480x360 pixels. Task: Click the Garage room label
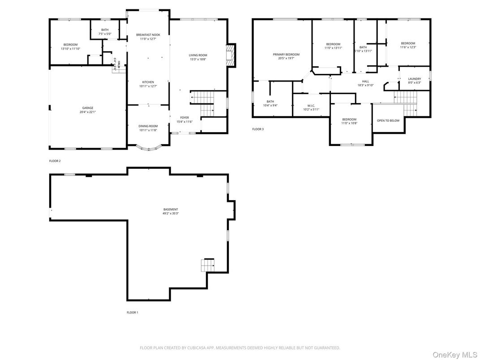[88, 107]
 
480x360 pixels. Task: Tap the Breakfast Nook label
[148, 34]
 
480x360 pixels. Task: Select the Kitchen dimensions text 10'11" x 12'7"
[148, 86]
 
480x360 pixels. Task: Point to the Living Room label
[198, 55]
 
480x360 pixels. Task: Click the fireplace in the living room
[230, 55]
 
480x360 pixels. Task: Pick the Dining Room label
[148, 126]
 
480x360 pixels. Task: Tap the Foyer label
[184, 117]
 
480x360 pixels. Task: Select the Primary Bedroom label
[286, 54]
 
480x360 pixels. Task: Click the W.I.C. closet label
[311, 106]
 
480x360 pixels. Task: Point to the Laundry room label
[414, 79]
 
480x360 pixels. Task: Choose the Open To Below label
[388, 120]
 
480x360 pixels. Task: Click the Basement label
[171, 209]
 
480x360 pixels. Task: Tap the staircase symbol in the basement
[208, 265]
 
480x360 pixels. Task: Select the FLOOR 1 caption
[133, 313]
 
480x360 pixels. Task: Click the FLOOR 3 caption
[258, 129]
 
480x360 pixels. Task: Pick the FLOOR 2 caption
[55, 160]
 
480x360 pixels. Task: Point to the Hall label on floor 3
[365, 81]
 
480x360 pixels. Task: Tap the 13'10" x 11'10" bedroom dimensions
[70, 48]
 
